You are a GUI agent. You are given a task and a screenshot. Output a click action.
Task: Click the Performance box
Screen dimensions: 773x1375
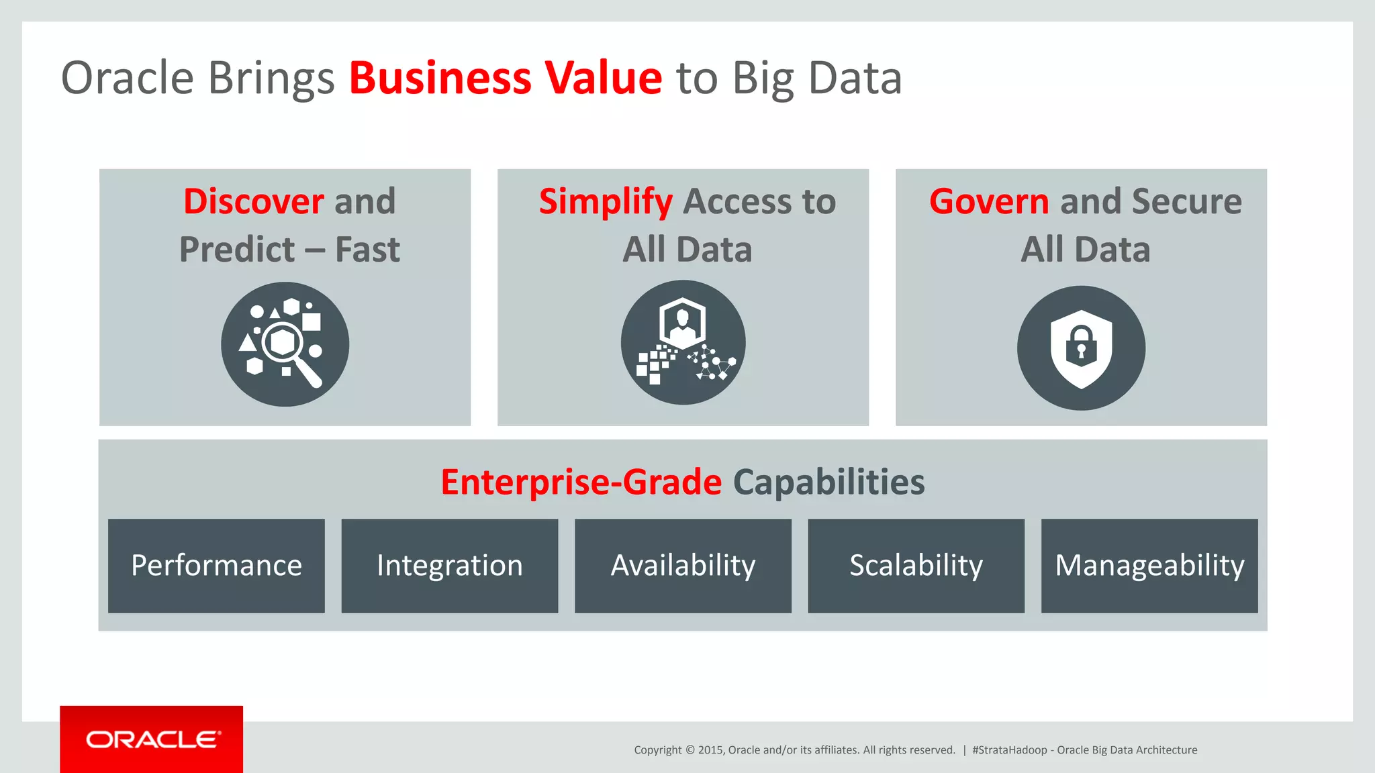(216, 566)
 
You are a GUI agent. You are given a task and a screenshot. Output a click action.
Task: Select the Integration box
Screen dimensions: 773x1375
(449, 566)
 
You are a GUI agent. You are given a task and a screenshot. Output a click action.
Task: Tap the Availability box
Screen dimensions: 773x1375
(683, 566)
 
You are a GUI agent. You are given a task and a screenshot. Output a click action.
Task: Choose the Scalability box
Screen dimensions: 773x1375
(916, 566)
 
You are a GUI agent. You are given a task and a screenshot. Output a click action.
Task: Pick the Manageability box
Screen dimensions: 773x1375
(1149, 566)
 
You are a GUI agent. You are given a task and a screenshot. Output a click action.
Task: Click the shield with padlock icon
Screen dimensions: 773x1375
(1081, 348)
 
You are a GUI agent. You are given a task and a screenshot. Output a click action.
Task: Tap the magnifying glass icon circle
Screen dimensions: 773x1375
(285, 344)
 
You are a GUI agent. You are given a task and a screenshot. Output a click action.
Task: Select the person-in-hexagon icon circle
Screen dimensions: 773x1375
(683, 342)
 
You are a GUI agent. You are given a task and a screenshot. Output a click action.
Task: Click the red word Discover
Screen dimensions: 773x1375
(254, 201)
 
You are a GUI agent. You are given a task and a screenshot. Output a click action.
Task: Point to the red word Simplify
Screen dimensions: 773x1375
(606, 201)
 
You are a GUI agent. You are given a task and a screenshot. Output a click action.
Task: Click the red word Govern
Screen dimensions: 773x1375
(989, 201)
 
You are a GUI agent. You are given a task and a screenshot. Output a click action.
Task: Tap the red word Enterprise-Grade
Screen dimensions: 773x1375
(581, 482)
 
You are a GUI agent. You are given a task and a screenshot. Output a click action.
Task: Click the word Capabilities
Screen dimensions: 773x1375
(828, 482)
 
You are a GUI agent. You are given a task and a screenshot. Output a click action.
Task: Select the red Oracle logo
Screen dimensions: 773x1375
(152, 739)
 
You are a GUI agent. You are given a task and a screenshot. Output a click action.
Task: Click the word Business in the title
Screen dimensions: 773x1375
(440, 78)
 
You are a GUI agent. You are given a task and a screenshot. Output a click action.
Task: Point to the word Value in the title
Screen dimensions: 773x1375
(603, 78)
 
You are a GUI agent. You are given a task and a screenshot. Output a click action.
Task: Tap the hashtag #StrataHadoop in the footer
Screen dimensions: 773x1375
(1009, 750)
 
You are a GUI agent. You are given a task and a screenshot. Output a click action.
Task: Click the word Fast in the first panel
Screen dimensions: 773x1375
(367, 250)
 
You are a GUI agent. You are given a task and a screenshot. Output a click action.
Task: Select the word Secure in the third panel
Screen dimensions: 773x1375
(1186, 201)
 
